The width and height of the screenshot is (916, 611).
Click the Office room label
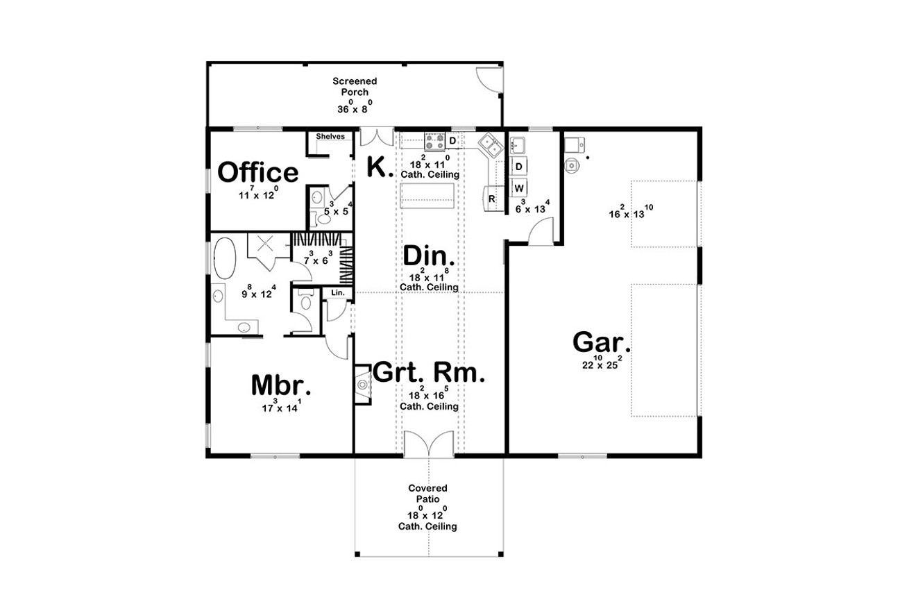(x=257, y=172)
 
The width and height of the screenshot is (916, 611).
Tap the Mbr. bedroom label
(x=281, y=385)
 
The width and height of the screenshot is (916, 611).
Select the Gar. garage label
(x=602, y=342)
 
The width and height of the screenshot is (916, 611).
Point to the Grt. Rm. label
(x=429, y=372)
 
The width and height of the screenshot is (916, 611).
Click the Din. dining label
(x=429, y=256)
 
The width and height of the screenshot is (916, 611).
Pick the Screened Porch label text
(x=355, y=86)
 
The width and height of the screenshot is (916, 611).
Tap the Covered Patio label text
(x=427, y=494)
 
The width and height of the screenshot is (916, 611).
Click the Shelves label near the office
(x=330, y=136)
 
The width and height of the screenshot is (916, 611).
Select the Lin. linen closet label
(x=338, y=292)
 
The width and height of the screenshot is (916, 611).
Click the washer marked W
(x=519, y=188)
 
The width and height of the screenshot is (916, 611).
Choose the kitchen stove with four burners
(x=434, y=141)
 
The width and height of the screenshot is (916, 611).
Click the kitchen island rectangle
(x=427, y=196)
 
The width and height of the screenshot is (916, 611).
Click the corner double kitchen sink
(x=491, y=145)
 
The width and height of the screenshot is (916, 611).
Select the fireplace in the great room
(x=363, y=385)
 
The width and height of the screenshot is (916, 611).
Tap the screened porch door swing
(x=489, y=79)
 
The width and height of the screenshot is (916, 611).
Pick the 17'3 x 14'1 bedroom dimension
(x=281, y=406)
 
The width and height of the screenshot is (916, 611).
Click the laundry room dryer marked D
(x=519, y=166)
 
